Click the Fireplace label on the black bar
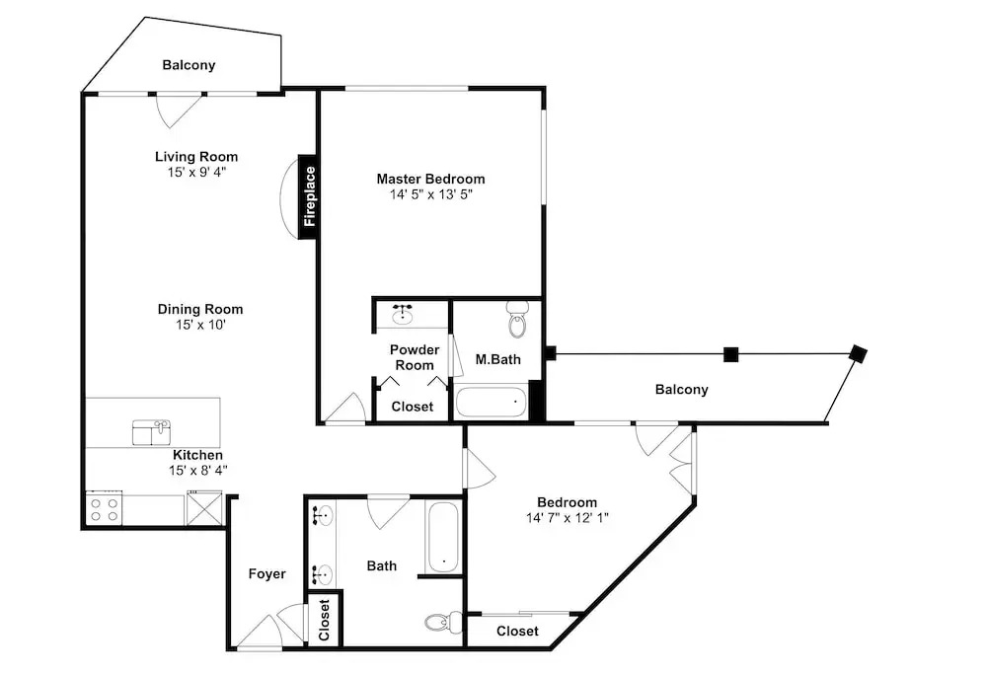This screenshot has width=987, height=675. click(x=309, y=196)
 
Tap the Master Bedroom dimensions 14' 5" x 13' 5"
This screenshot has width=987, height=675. click(x=431, y=194)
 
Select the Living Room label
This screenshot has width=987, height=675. click(x=196, y=157)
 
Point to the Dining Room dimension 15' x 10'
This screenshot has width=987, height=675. click(x=200, y=325)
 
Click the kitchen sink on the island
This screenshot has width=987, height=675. click(x=152, y=433)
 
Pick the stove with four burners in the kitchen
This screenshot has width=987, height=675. click(x=104, y=508)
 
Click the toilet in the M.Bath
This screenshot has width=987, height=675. click(x=517, y=319)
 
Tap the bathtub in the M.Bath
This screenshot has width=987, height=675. click(x=491, y=403)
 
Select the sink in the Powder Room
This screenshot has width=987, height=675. click(x=403, y=313)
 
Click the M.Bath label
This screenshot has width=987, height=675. click(x=497, y=359)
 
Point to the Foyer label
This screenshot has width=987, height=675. click(x=266, y=573)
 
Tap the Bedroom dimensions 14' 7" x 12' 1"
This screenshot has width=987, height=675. click(x=568, y=518)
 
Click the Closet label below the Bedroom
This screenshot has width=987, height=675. click(x=517, y=631)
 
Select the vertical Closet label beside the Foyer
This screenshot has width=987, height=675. click(x=324, y=620)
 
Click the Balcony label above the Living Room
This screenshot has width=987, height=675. click(x=189, y=65)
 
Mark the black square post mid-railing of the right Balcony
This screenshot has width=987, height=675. click(x=730, y=355)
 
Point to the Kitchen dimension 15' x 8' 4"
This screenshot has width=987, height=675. click(x=197, y=470)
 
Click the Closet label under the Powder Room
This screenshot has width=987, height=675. click(x=413, y=407)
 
